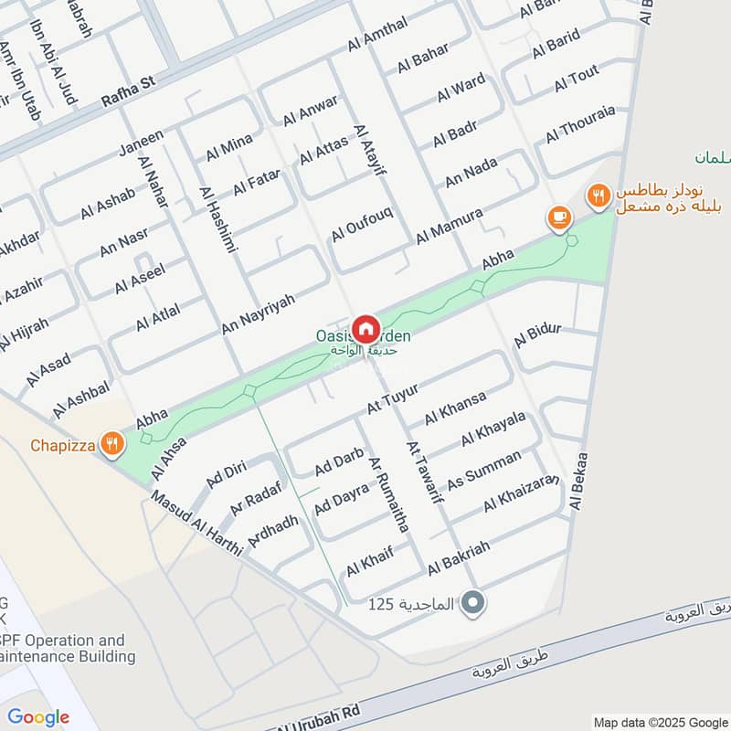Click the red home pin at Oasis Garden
coord(365,327)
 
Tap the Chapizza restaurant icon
coord(111,444)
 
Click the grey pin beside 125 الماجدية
coord(472,603)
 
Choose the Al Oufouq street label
coord(362,223)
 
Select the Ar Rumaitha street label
coord(387,493)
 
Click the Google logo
coord(37,717)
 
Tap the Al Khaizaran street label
coord(521,494)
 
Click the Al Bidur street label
coord(537,334)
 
